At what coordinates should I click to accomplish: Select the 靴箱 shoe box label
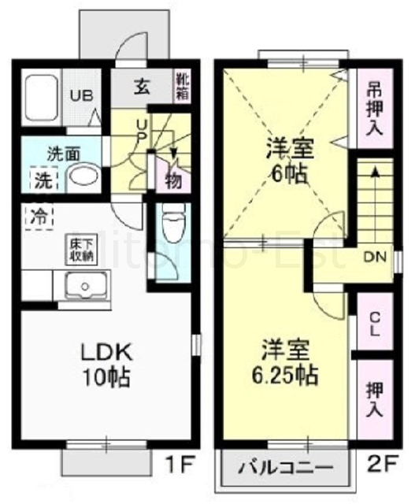183,84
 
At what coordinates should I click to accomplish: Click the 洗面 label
62,153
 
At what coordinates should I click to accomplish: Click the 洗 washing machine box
43,180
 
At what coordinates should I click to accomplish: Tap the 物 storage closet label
172,180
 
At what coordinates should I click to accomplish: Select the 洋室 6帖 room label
286,158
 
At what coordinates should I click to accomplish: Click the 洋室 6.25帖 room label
289,361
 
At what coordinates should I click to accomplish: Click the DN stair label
374,257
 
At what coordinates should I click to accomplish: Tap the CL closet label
375,324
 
